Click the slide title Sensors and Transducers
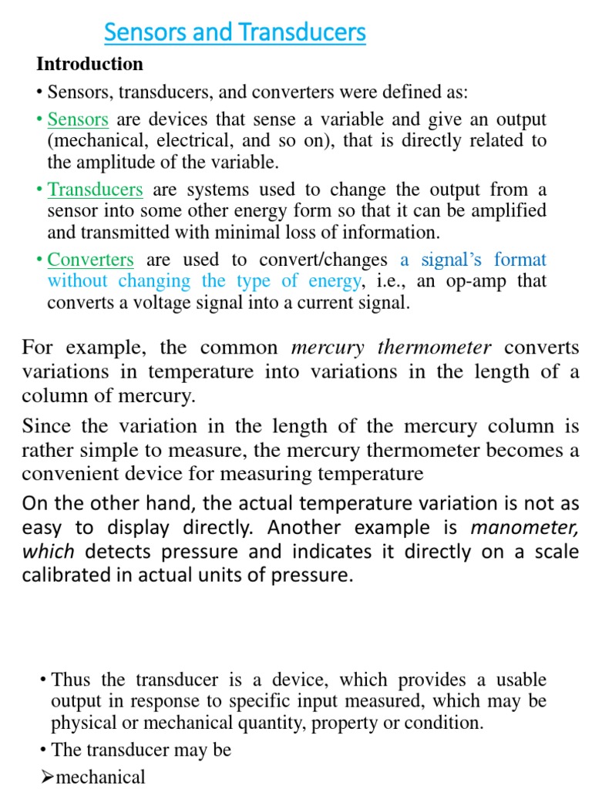pos(234,33)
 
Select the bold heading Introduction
pos(89,64)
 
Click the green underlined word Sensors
pos(78,119)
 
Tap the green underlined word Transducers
pos(96,190)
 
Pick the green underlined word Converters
pos(91,260)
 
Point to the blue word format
pos(520,260)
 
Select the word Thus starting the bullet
pos(71,680)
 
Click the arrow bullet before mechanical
pos(45,777)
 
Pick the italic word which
pos(48,552)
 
